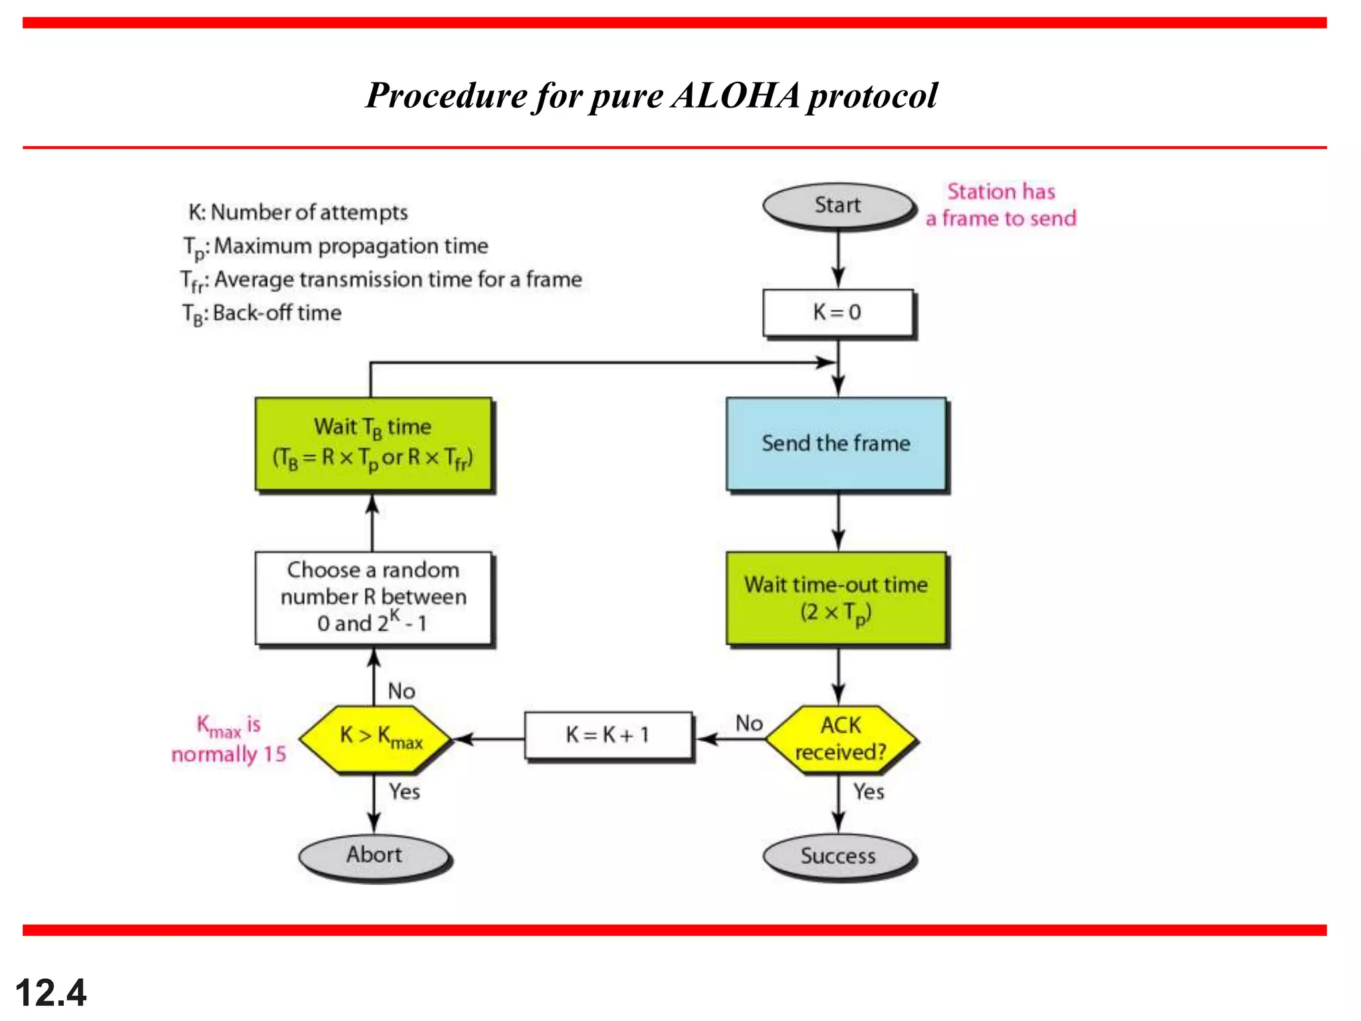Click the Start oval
838,205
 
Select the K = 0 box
837,312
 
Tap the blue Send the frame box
836,443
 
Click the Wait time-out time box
836,598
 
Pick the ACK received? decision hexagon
840,738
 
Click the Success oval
838,855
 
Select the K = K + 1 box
607,735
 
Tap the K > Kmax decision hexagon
375,738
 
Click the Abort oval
374,855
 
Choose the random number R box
373,597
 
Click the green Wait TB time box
373,443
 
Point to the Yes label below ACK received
869,792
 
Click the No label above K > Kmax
401,691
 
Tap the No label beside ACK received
749,723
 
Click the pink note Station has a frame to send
1001,205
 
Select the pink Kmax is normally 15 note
229,739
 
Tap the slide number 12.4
51,993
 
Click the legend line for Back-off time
262,313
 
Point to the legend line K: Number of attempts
298,212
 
